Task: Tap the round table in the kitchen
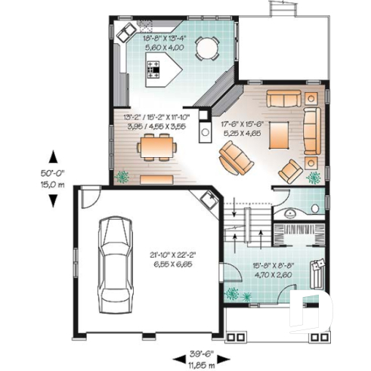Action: click(x=206, y=48)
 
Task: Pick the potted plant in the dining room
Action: click(x=122, y=176)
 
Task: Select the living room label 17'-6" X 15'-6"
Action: click(x=242, y=123)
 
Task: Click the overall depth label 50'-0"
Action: click(x=53, y=173)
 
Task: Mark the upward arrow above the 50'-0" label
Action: click(x=53, y=156)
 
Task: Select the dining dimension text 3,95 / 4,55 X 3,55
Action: click(x=156, y=127)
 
